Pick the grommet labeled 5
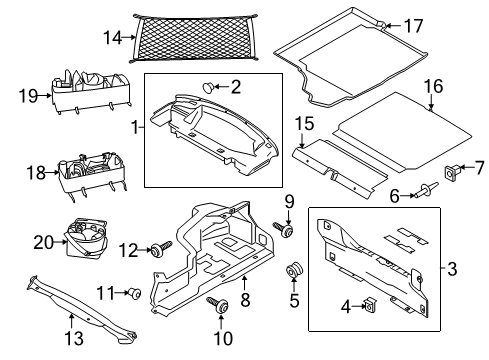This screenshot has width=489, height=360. coord(294,271)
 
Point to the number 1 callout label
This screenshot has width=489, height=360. coord(134,128)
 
